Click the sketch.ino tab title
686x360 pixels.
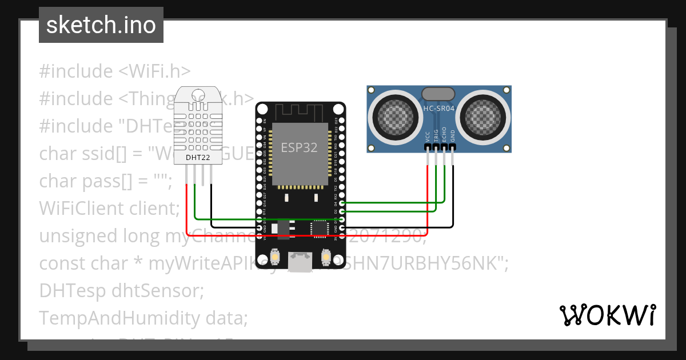(101, 26)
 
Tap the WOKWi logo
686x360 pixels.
(607, 315)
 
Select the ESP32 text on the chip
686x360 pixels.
(299, 147)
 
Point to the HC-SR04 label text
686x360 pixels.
(438, 108)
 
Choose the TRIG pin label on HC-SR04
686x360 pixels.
(436, 135)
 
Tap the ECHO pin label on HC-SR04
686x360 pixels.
(444, 135)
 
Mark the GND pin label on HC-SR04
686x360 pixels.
(453, 136)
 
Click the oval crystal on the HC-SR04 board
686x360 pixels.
(438, 94)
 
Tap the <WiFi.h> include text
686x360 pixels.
(154, 71)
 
